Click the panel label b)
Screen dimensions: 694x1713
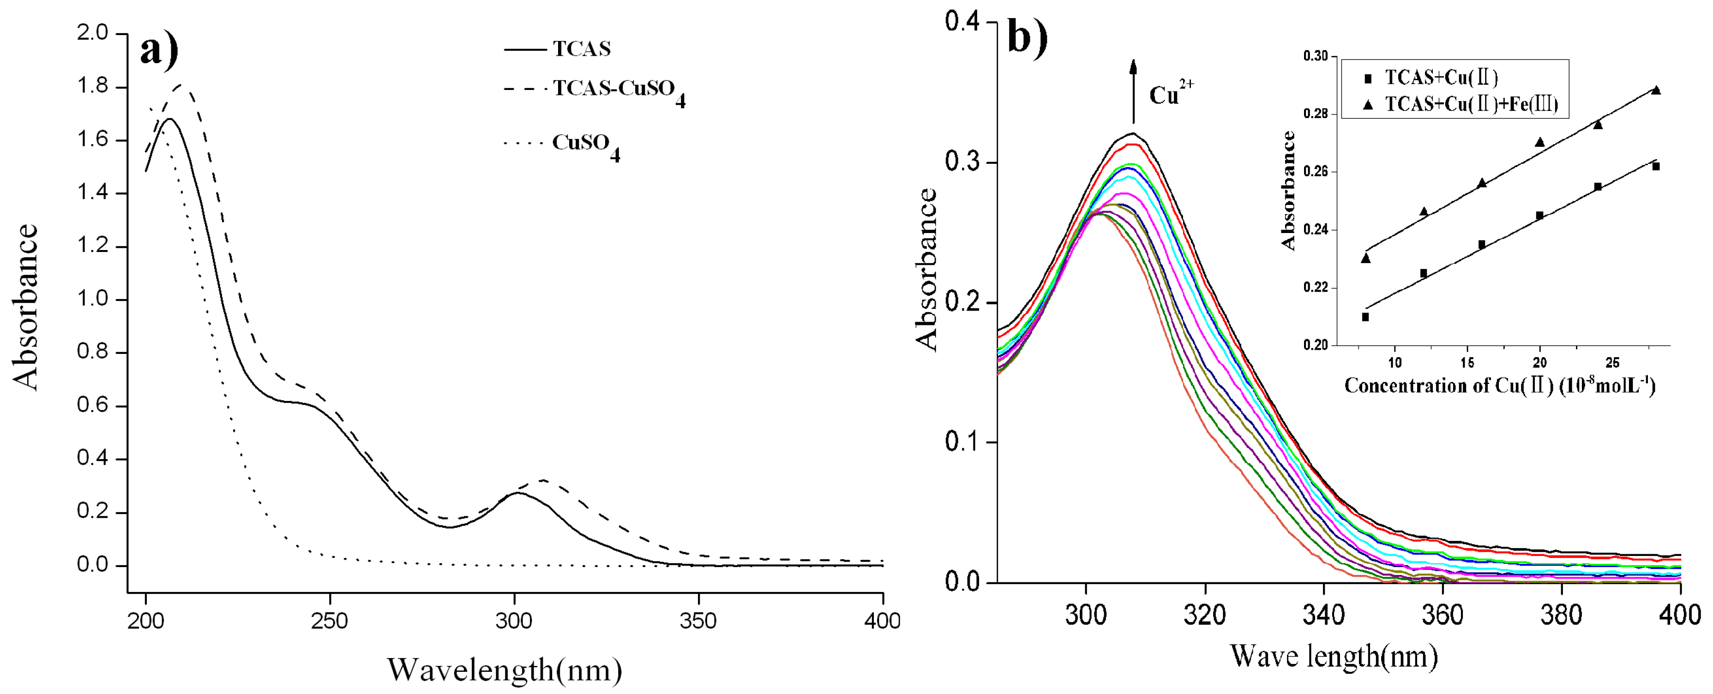(x=1028, y=36)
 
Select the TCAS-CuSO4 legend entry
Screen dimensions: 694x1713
(x=619, y=89)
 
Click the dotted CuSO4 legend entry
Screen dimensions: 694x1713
(x=585, y=144)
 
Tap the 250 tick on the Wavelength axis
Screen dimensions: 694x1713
(x=330, y=620)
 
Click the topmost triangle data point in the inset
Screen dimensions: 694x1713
(x=1656, y=90)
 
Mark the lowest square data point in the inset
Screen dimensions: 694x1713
(x=1365, y=317)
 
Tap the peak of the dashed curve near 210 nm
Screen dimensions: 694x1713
(x=181, y=85)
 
